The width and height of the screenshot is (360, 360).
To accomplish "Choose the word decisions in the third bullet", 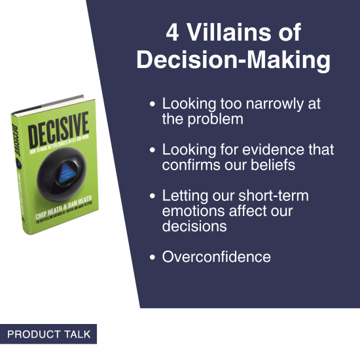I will click(x=194, y=226).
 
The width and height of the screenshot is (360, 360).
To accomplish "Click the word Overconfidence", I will click(x=216, y=257).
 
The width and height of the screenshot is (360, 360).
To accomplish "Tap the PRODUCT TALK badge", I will click(x=48, y=334).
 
